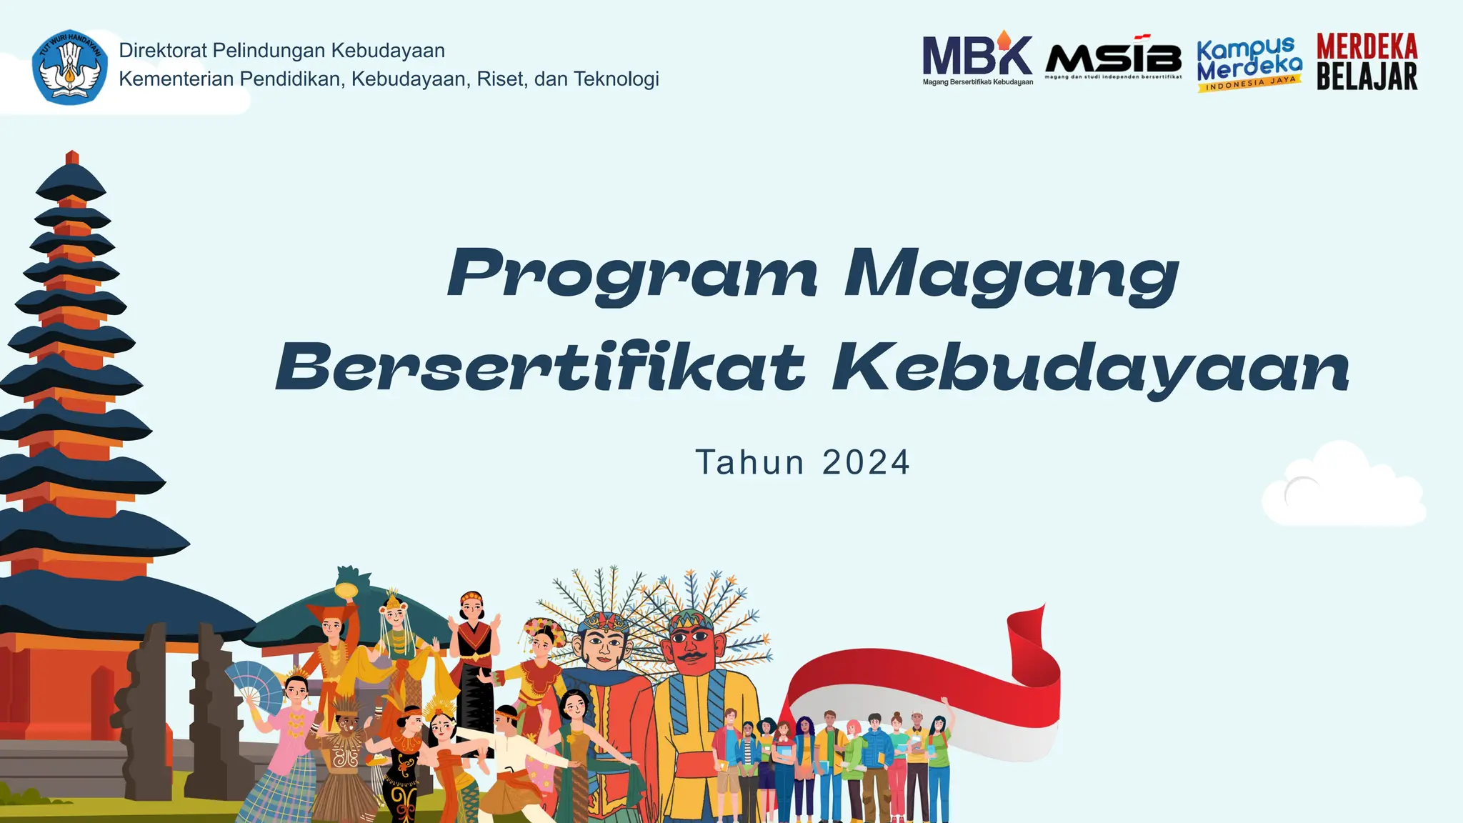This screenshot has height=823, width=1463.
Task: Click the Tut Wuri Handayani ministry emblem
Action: (70, 68)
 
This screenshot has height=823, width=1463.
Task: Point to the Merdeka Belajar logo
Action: (1367, 62)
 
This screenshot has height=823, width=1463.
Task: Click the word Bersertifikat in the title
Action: (541, 368)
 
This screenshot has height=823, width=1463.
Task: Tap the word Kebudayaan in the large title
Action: (1091, 368)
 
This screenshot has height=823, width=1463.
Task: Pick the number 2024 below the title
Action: (866, 462)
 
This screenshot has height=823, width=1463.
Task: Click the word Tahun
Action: (750, 462)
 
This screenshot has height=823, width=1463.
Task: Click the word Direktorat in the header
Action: (163, 51)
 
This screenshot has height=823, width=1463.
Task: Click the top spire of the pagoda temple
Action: (71, 159)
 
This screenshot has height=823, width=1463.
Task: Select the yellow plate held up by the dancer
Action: (346, 590)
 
